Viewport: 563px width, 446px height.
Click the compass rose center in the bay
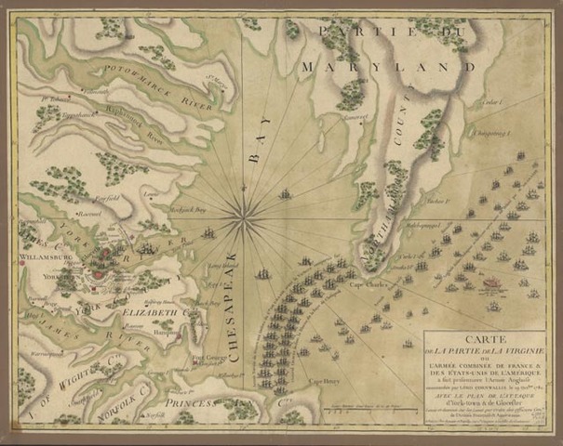click(x=245, y=217)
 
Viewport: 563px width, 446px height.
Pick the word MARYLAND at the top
click(x=356, y=67)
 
